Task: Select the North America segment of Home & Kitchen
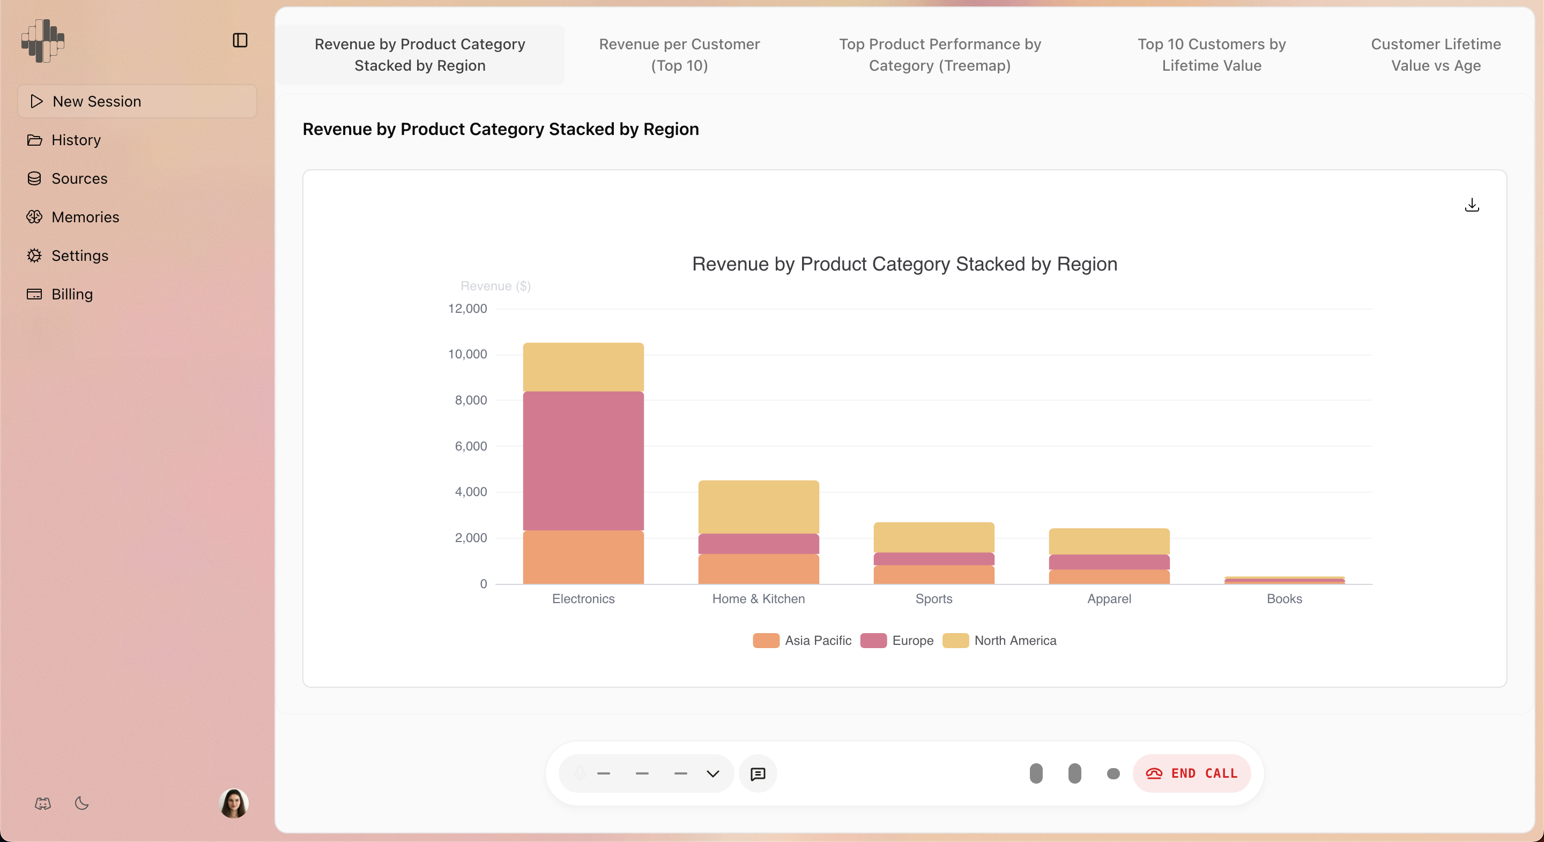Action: click(758, 506)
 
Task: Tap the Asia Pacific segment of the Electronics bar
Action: click(583, 557)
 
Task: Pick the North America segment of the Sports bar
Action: click(933, 537)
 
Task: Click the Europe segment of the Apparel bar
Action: click(1109, 562)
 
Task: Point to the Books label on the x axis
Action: click(1284, 598)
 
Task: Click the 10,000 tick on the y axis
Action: click(467, 354)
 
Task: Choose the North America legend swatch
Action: click(955, 640)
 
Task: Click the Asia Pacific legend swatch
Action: click(766, 640)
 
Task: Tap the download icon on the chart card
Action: click(1472, 205)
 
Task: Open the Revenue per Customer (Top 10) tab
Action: click(679, 55)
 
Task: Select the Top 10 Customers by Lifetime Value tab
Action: click(1212, 55)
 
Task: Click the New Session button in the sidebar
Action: click(137, 101)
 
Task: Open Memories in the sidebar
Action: click(85, 217)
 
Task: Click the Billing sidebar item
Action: click(72, 294)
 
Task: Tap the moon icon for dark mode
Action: click(82, 803)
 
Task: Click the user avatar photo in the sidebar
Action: click(234, 803)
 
